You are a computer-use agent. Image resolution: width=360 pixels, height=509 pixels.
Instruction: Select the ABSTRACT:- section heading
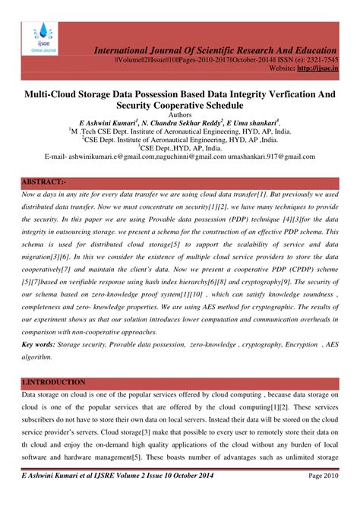[x=45, y=183]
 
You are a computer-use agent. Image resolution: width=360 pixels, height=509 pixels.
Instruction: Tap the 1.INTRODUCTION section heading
[x=54, y=381]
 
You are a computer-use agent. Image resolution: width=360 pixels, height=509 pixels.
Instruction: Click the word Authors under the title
[x=179, y=113]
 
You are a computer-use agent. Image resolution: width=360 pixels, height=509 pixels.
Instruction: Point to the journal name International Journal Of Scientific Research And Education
[x=226, y=49]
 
